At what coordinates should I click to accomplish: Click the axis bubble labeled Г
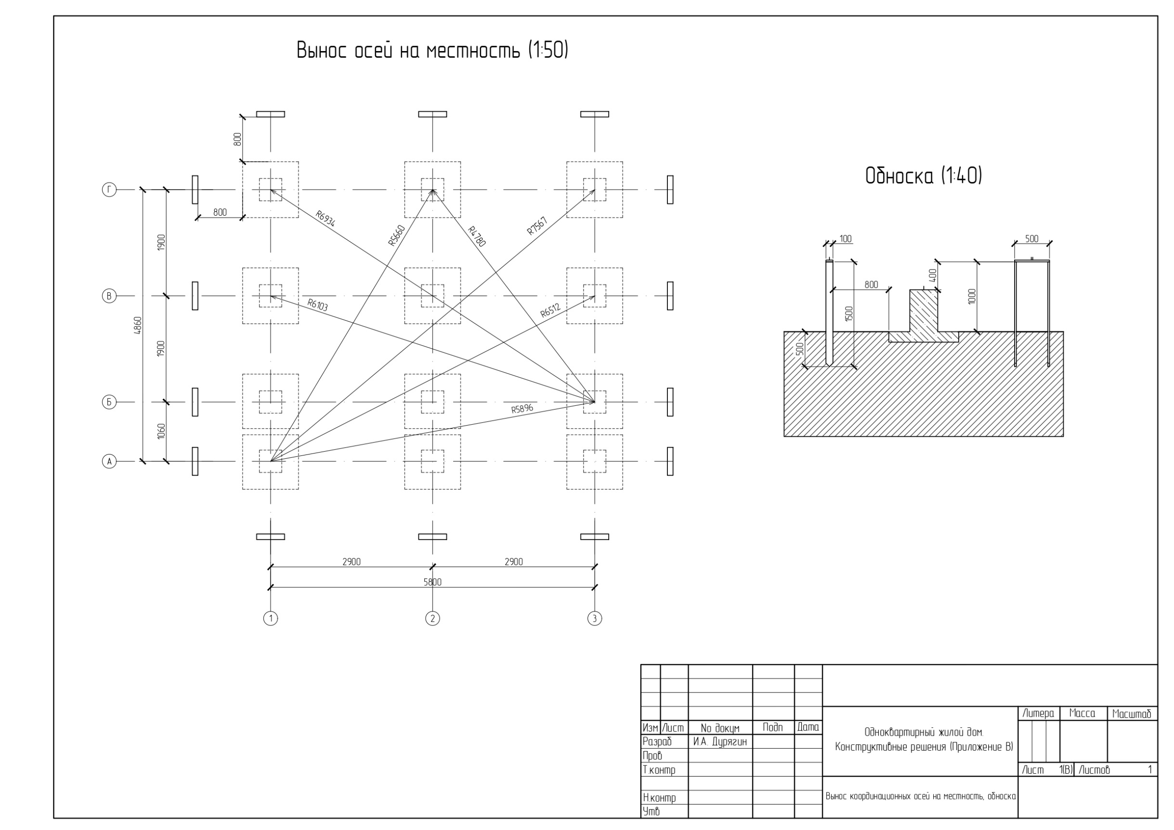coord(109,190)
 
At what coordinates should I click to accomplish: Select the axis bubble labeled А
coord(109,462)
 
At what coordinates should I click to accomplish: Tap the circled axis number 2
coord(432,619)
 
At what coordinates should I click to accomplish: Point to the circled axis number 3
coord(594,619)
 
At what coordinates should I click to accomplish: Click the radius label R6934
coord(326,218)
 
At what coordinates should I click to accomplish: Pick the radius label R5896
coord(522,408)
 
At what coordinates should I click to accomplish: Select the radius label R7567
coord(537,226)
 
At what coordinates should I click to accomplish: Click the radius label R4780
coord(477,236)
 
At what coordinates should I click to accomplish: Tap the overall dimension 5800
coord(432,582)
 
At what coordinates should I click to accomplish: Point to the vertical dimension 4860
coord(138,326)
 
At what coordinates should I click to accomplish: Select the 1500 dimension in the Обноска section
coord(849,313)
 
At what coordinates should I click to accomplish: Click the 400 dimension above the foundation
coord(932,275)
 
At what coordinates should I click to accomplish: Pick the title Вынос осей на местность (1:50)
coord(432,50)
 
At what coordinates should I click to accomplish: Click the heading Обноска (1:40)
coord(924,176)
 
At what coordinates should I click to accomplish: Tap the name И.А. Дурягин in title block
coord(720,741)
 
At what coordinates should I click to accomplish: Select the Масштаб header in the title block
coord(1132,713)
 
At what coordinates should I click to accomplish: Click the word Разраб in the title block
coord(657,741)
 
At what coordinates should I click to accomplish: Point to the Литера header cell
coord(1039,713)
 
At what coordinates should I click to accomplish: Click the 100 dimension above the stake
coord(846,239)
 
